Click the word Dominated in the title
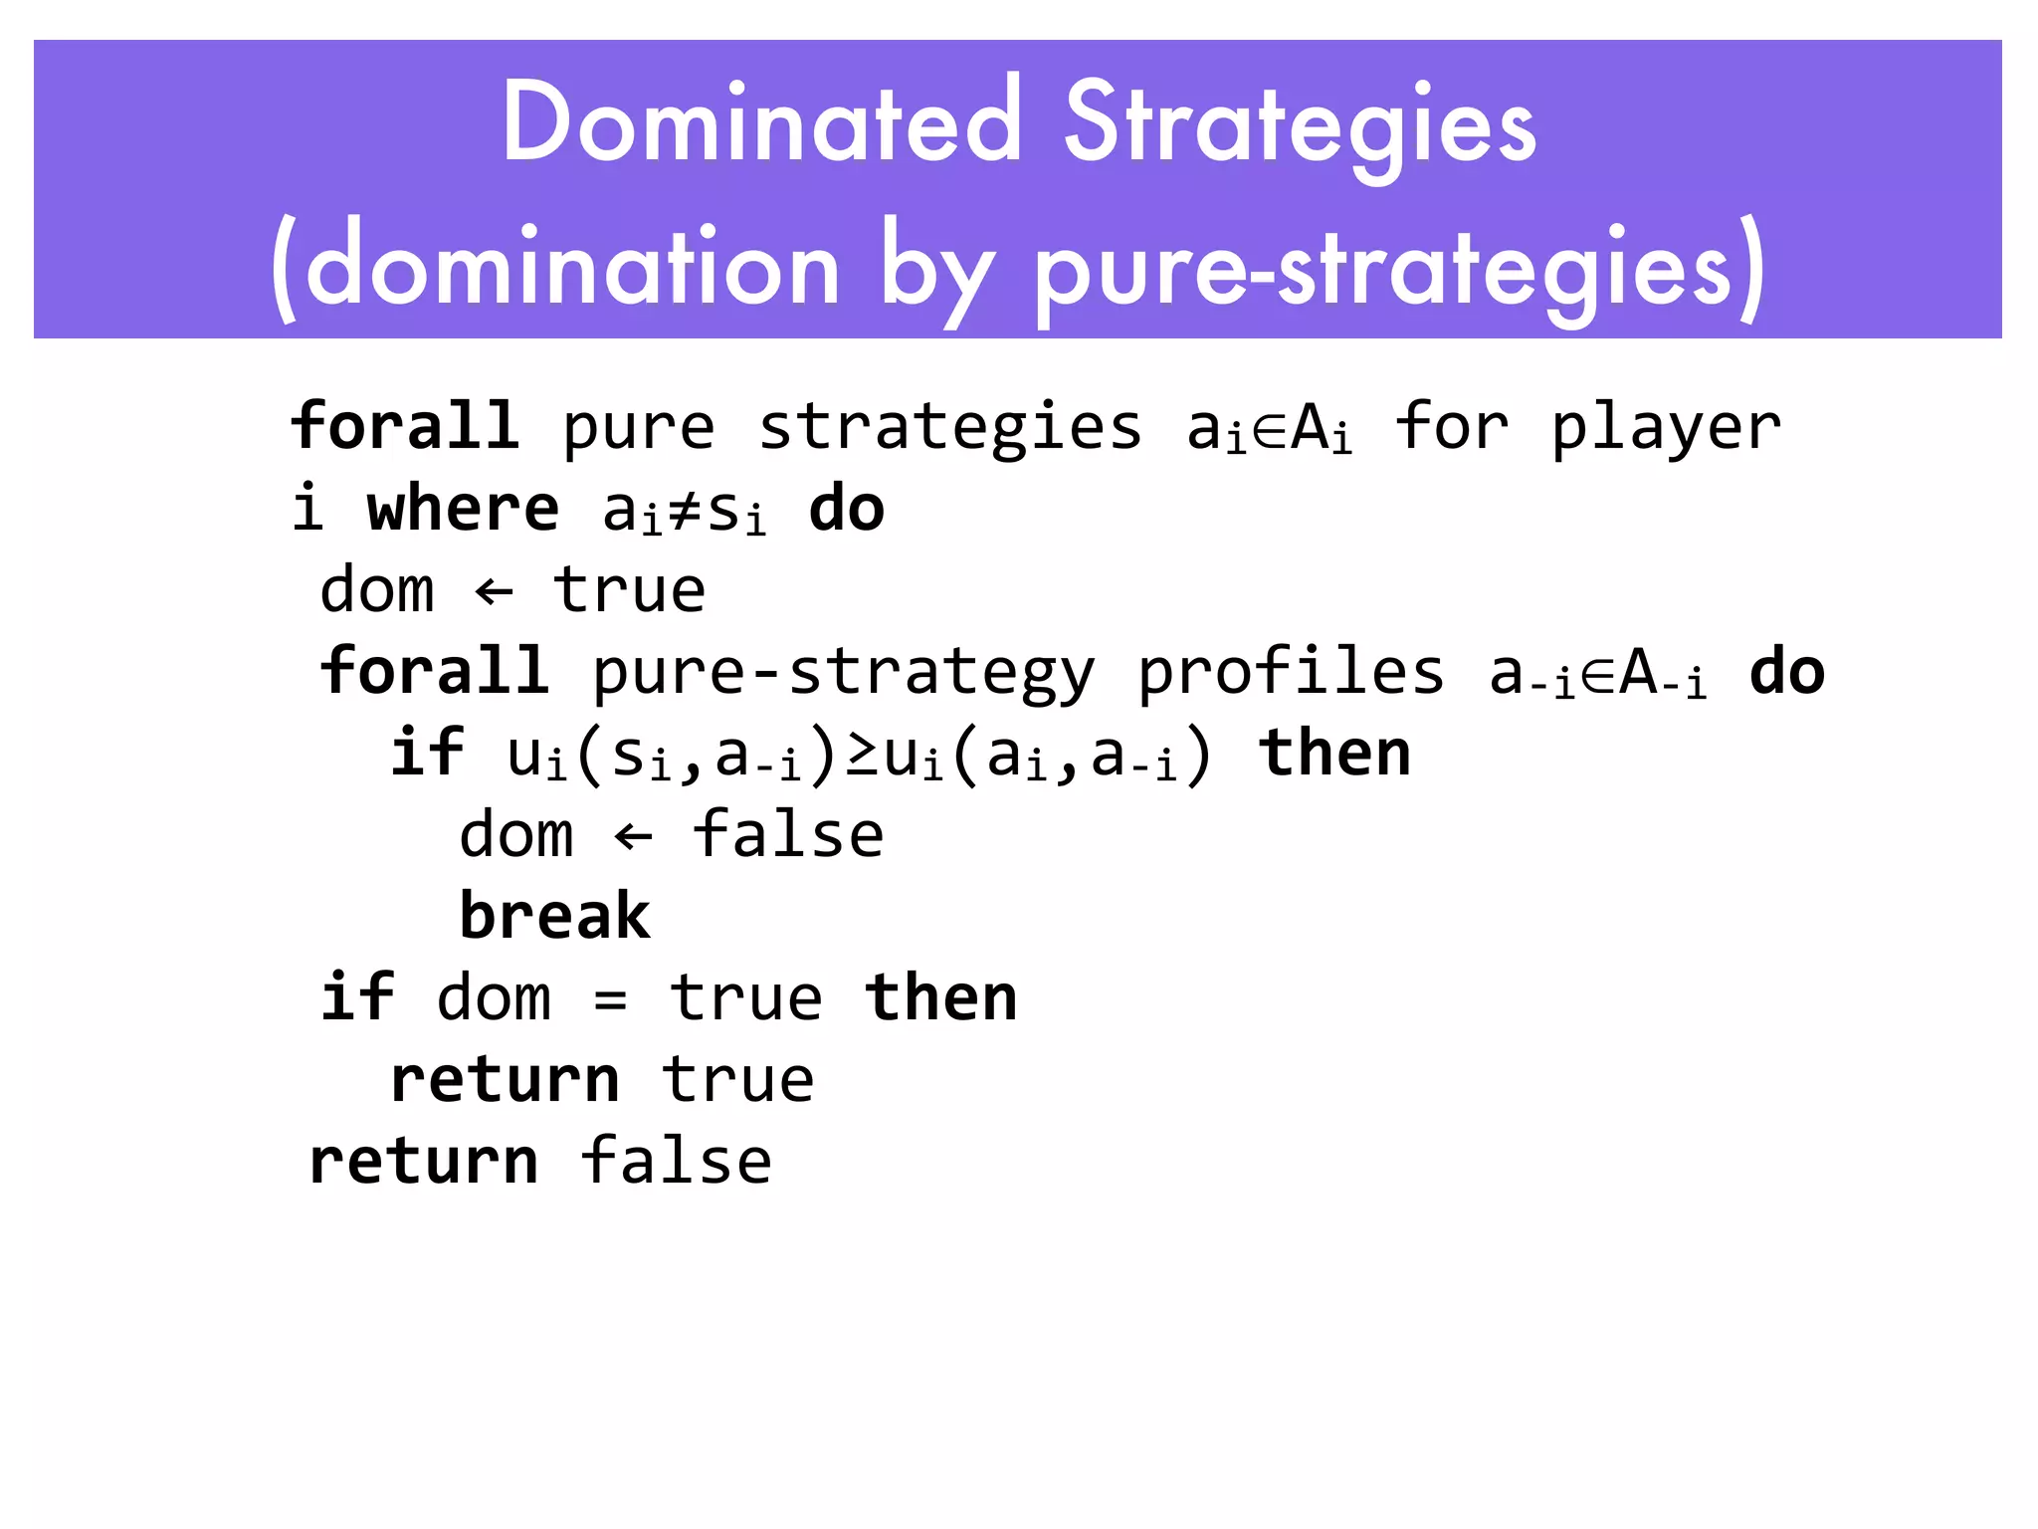pyautogui.click(x=761, y=122)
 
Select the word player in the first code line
pyautogui.click(x=1666, y=429)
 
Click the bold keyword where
pyautogui.click(x=463, y=510)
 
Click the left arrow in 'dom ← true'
pyautogui.click(x=495, y=592)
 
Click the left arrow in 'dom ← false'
pyautogui.click(x=634, y=836)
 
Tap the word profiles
pyautogui.click(x=1290, y=672)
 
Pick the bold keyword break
pyautogui.click(x=554, y=916)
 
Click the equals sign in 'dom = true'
pyautogui.click(x=610, y=999)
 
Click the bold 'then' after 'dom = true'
pyautogui.click(x=940, y=997)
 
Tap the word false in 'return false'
pyautogui.click(x=676, y=1161)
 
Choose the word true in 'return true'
pyautogui.click(x=738, y=1080)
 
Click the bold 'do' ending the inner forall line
pyautogui.click(x=1786, y=672)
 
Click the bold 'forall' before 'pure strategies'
pyautogui.click(x=404, y=427)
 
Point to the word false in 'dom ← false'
pyautogui.click(x=787, y=835)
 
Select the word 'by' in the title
pyautogui.click(x=935, y=271)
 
